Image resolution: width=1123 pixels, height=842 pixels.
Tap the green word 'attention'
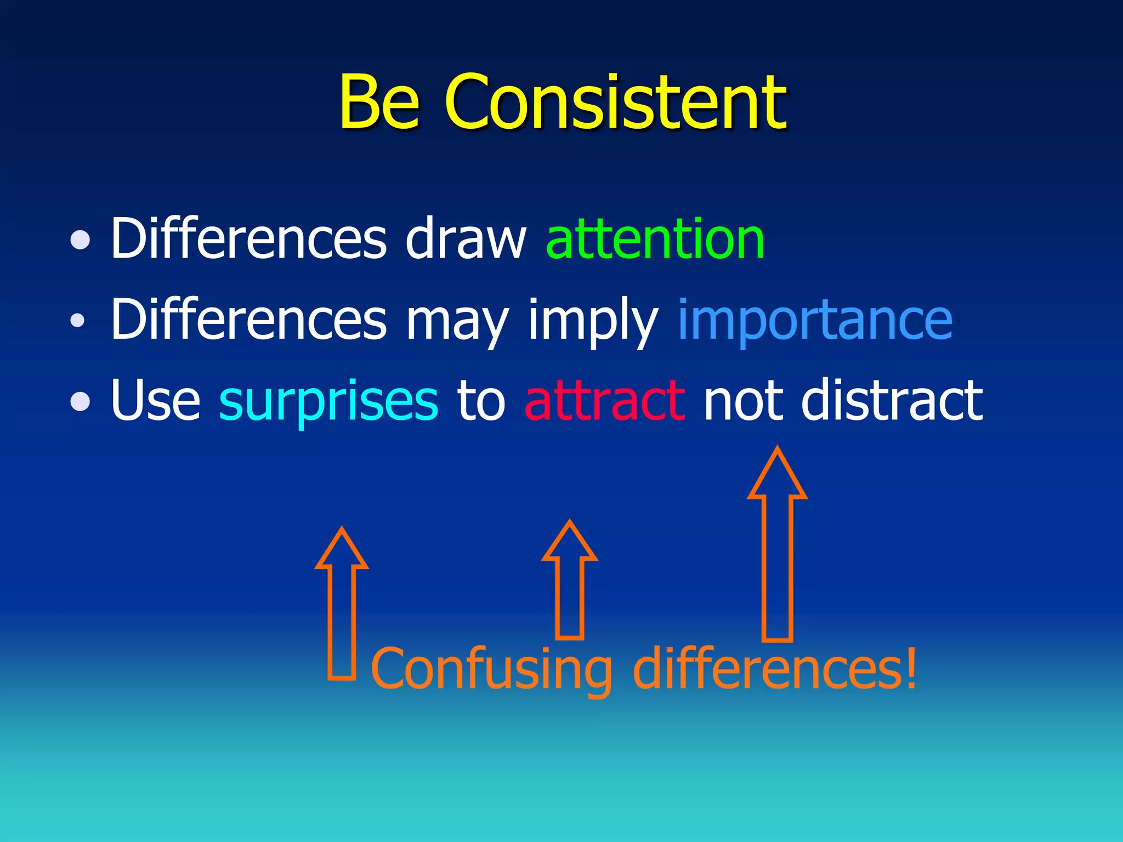click(655, 239)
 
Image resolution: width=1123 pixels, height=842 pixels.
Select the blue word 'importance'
click(815, 320)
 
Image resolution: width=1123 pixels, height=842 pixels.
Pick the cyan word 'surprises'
click(328, 401)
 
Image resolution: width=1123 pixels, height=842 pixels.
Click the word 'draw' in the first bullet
click(466, 239)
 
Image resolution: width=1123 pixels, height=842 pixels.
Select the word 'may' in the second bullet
click(457, 323)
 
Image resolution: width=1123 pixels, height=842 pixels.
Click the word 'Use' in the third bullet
click(156, 401)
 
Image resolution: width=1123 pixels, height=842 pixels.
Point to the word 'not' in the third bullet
click(742, 401)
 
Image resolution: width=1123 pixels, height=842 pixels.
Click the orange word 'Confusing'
click(491, 670)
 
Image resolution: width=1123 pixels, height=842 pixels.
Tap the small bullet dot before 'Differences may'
click(78, 320)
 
